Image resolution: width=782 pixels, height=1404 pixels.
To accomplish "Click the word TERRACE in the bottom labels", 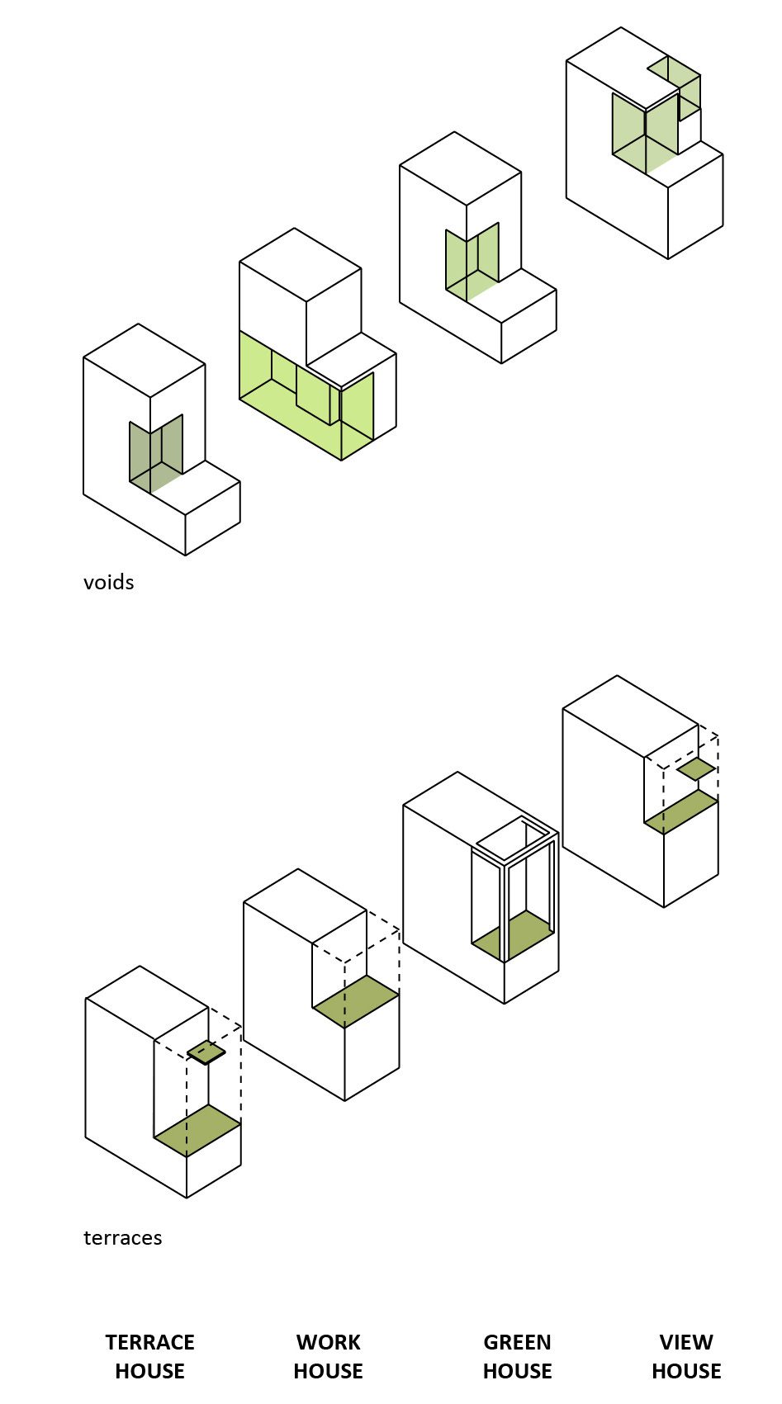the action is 150,1342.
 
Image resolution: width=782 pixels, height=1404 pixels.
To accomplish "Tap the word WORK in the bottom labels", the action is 329,1342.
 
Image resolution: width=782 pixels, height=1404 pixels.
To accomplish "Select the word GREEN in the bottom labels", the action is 518,1342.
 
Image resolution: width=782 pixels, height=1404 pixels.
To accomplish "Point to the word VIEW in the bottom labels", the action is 686,1342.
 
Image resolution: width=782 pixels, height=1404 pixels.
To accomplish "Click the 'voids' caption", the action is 108,582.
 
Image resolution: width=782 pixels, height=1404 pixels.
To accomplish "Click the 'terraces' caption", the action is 123,1238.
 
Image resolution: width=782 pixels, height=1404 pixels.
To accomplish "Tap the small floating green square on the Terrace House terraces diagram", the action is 206,1053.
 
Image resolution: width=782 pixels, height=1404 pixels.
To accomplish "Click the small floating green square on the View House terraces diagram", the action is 696,769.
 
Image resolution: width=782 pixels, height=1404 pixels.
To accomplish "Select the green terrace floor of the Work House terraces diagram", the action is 356,1001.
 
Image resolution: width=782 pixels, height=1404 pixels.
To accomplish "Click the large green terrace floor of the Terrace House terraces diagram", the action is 197,1130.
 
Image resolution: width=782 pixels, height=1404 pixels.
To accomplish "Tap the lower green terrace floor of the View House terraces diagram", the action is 681,811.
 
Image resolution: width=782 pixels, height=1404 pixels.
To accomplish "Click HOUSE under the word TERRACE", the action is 150,1371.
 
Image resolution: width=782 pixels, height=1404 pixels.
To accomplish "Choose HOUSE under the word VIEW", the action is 686,1371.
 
